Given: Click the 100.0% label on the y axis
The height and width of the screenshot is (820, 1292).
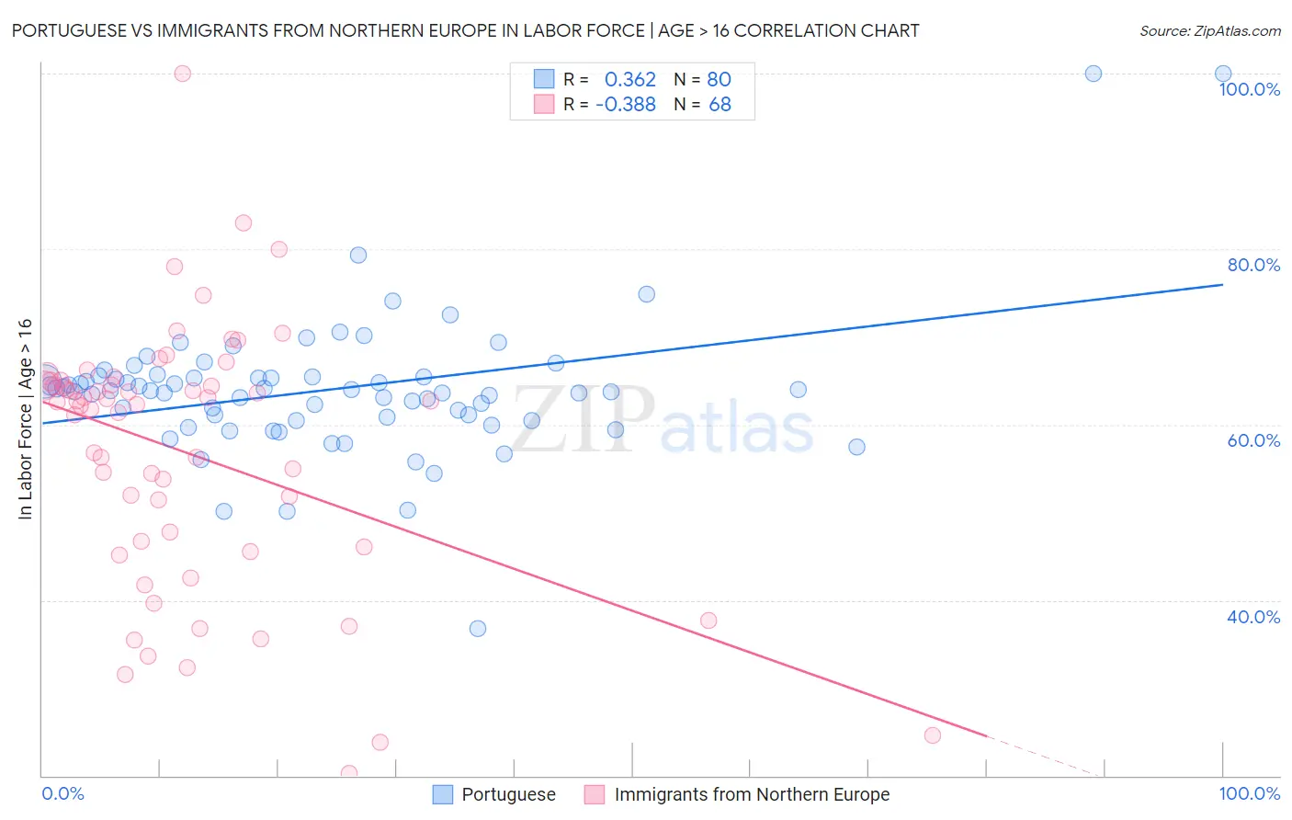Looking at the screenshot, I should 1249,89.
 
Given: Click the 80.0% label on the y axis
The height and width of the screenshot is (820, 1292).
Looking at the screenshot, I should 1253,265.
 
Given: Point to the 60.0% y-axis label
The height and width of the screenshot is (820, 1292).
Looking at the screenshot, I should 1253,440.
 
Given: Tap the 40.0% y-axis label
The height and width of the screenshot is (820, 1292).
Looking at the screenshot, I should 1253,617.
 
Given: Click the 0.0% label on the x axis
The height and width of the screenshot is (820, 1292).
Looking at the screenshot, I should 62,793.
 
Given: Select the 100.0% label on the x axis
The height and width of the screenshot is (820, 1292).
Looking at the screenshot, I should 1249,793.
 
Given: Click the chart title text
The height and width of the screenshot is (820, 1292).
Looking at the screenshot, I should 465,30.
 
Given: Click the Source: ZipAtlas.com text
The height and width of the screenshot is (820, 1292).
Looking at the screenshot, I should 1209,30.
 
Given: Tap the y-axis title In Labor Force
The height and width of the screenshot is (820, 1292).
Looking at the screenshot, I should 25,418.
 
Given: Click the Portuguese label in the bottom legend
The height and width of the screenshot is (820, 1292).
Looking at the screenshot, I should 508,794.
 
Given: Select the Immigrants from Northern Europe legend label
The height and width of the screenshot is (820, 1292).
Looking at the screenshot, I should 752,794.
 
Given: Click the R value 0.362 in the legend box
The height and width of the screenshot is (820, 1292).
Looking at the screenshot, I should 629,80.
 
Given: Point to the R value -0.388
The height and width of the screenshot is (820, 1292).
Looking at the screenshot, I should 625,105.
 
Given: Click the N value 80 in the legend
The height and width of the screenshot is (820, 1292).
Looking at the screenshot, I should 719,80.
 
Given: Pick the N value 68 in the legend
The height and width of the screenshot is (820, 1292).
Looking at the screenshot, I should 720,105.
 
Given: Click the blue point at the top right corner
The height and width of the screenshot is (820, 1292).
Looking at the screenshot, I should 1223,74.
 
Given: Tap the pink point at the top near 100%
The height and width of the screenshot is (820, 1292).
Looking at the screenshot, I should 183,74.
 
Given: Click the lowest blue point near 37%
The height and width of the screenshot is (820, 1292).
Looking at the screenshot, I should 478,629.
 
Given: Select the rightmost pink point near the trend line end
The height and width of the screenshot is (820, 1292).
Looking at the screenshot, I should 933,735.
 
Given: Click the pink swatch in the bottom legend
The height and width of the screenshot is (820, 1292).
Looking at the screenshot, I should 595,794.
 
